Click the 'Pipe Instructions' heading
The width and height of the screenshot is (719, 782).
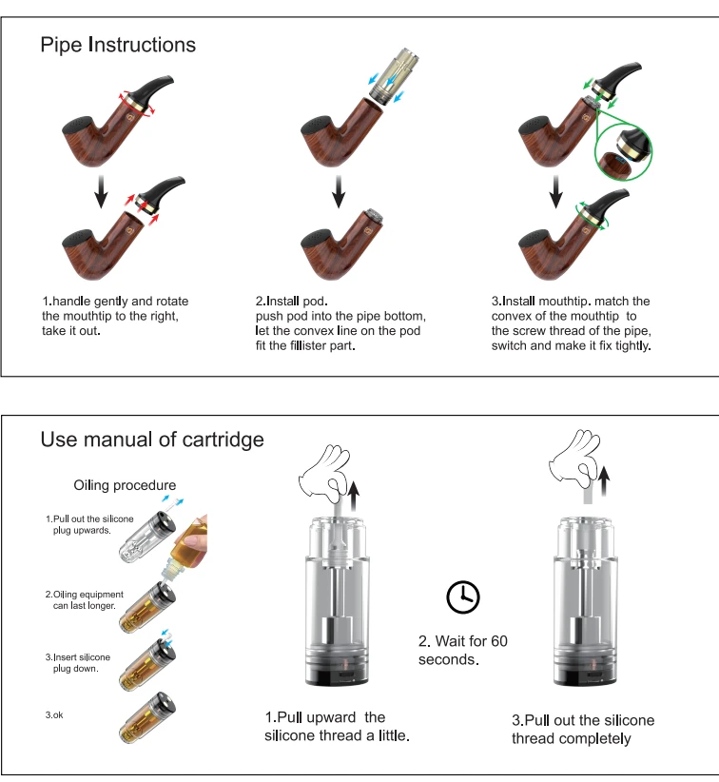click(x=118, y=45)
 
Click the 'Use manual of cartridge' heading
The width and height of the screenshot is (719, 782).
click(x=152, y=440)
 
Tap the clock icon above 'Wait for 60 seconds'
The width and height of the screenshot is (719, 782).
click(x=463, y=596)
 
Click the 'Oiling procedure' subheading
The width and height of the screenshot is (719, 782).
click(x=125, y=485)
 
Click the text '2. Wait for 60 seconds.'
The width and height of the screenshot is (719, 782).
click(x=463, y=650)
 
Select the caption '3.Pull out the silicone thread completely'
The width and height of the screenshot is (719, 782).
click(x=583, y=729)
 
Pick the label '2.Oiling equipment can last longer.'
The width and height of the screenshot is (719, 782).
click(x=80, y=600)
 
